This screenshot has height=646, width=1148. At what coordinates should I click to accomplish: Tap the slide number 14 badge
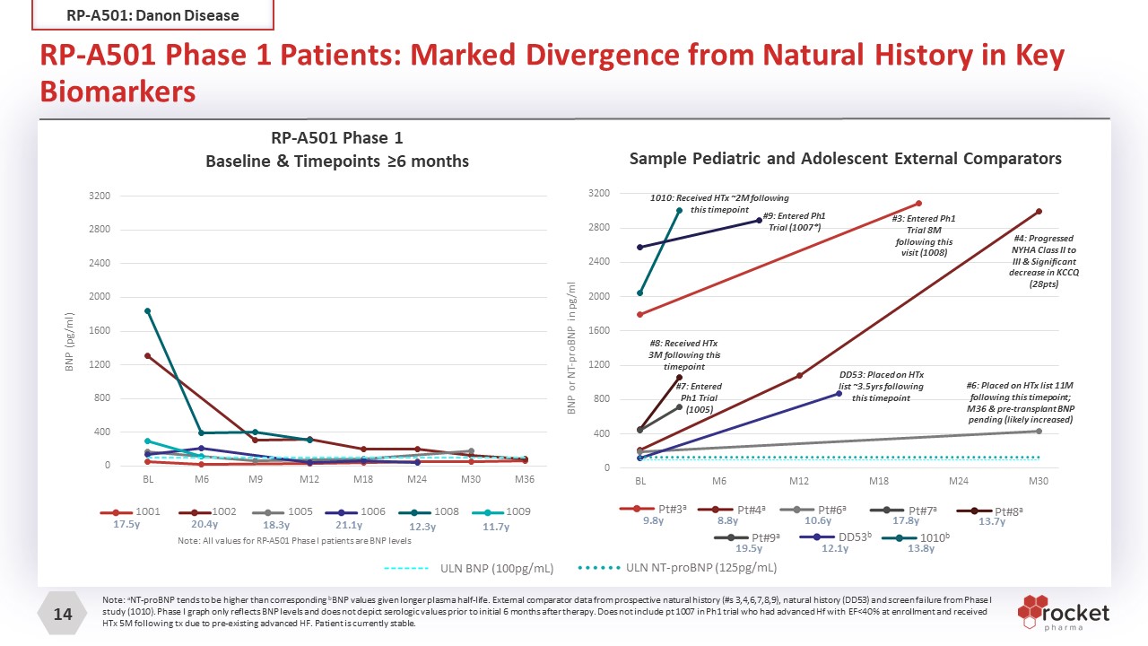(x=63, y=615)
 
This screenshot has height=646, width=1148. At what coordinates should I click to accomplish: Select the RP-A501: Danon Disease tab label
(x=153, y=15)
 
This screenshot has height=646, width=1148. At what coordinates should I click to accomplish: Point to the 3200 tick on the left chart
(x=99, y=196)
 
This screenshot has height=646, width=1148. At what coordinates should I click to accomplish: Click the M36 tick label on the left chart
(x=524, y=480)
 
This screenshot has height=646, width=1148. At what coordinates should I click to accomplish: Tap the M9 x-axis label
(x=256, y=480)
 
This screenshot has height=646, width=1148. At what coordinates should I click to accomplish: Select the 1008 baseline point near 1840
(x=148, y=310)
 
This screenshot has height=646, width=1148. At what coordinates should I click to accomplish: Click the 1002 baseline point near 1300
(x=148, y=356)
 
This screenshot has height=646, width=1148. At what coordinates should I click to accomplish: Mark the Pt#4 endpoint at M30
(x=1039, y=212)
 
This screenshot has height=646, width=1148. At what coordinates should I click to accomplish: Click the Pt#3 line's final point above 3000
(x=919, y=204)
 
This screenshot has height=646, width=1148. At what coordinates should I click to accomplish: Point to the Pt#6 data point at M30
(x=1039, y=432)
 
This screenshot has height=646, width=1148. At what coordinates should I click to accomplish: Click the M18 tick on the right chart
(x=880, y=482)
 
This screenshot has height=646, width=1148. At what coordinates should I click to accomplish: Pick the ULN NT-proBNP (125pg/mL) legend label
(x=700, y=567)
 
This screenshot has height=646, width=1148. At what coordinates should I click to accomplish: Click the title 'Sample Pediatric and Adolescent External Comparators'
(x=845, y=159)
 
